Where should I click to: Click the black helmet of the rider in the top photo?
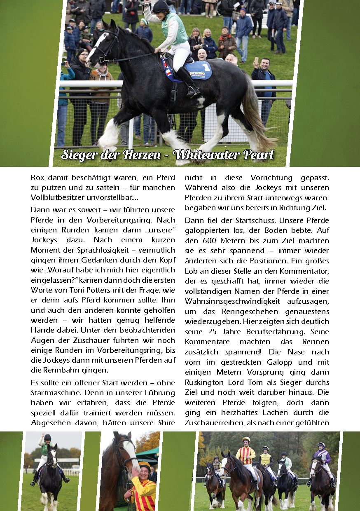pos(161,7)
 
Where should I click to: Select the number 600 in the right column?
pos(210,240)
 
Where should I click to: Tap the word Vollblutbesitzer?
pos(57,197)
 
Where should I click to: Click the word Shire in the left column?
pos(165,423)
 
